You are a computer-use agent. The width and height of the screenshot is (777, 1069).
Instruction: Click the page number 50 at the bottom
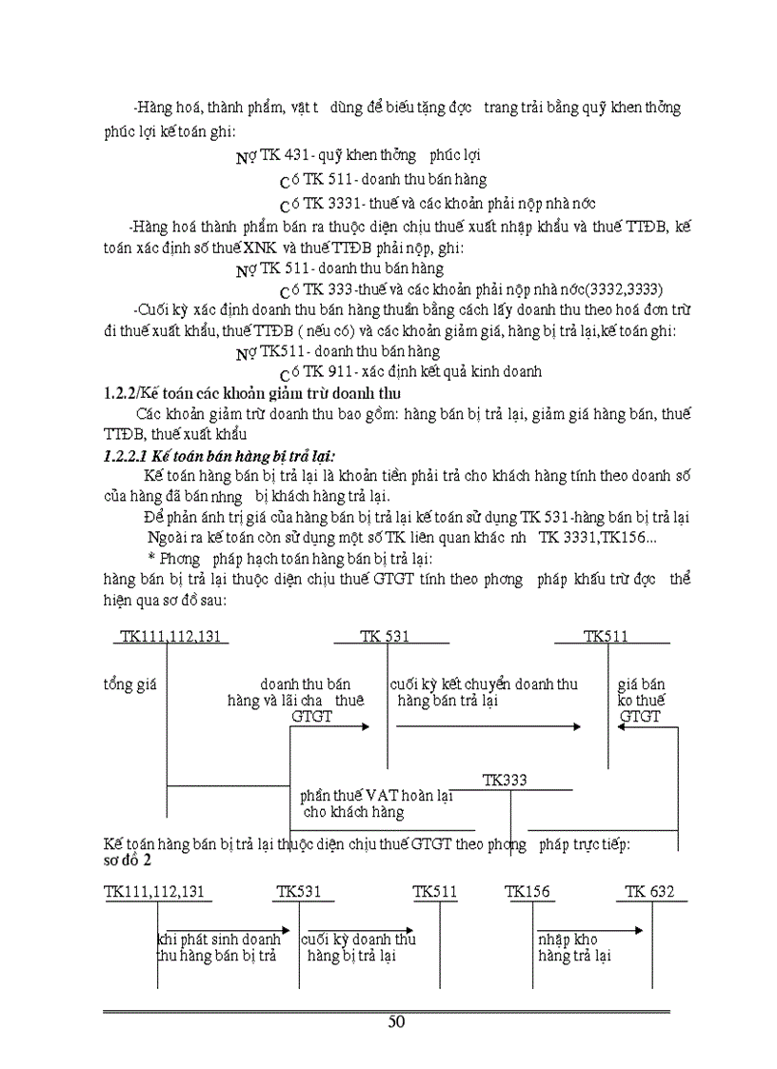(396, 1021)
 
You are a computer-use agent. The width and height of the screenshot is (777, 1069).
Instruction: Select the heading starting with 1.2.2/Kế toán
(251, 392)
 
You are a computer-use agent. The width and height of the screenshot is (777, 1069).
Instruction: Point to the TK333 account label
(505, 780)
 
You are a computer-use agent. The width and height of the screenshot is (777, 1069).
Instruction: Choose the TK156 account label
(528, 892)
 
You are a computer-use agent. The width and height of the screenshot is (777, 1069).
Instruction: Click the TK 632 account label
(649, 892)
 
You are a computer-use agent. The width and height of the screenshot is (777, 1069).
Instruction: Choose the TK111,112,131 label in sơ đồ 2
(158, 892)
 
